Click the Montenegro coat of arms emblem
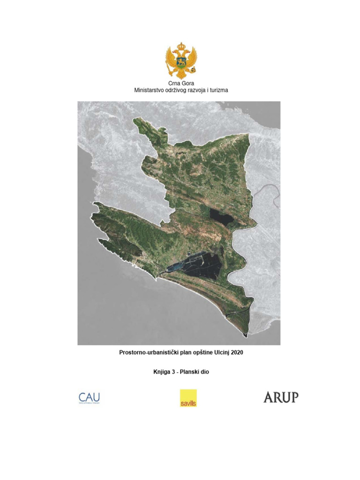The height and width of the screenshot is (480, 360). click(180, 60)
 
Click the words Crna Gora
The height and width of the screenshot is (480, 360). click(181, 83)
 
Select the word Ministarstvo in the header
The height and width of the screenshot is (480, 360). click(150, 90)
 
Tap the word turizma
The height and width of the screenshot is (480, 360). click(217, 90)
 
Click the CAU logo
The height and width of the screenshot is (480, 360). click(89, 398)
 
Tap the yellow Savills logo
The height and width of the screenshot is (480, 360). click(188, 398)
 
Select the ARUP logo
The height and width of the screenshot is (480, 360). click(281, 397)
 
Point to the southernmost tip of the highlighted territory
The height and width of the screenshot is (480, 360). click(246, 335)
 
